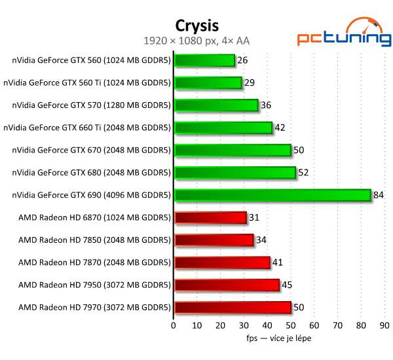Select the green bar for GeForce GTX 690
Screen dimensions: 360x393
pos(272,195)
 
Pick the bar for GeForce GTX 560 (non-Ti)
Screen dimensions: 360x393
pos(204,60)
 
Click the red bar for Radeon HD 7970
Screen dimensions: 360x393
pos(233,307)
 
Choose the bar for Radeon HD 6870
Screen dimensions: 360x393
pos(210,217)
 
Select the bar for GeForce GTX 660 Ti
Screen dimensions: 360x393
pos(223,128)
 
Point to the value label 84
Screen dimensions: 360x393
pos(379,195)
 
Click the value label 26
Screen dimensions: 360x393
pos(243,60)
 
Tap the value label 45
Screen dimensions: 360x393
pos(288,285)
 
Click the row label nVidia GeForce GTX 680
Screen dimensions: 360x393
pos(91,173)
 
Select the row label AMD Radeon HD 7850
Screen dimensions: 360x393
pos(94,240)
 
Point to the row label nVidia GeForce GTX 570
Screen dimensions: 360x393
pos(91,105)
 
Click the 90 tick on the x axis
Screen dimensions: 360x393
pos(384,325)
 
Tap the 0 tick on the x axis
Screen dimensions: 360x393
pos(174,325)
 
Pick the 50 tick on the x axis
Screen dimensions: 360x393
pos(291,325)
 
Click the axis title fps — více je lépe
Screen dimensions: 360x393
pos(278,338)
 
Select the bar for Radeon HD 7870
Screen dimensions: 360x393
pos(222,262)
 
